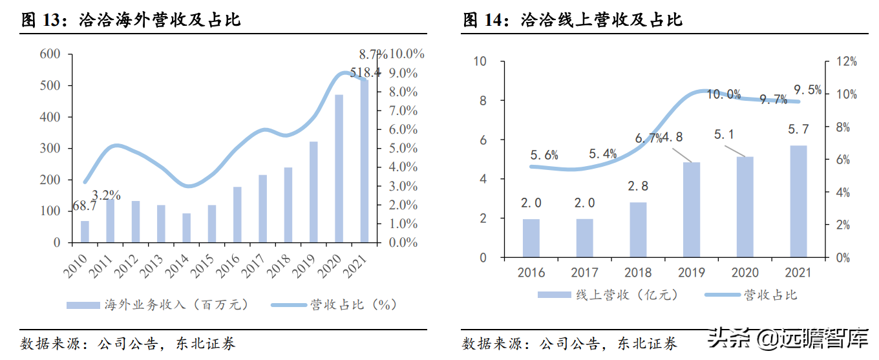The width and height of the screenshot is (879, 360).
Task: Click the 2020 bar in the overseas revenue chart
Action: click(x=339, y=169)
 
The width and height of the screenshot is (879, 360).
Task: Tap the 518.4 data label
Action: click(x=365, y=72)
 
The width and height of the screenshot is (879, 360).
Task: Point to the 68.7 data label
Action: click(x=85, y=206)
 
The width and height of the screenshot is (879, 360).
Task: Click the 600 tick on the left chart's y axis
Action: click(x=50, y=54)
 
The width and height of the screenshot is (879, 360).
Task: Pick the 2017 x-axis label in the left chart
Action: click(x=259, y=264)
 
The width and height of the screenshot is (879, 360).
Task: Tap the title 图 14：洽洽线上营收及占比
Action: click(x=573, y=20)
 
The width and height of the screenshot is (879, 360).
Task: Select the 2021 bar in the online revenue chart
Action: click(x=798, y=201)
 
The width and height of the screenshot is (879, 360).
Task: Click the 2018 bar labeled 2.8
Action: click(x=639, y=229)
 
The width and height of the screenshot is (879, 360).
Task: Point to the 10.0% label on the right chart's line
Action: click(x=723, y=94)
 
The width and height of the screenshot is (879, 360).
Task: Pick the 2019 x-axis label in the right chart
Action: click(x=691, y=273)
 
